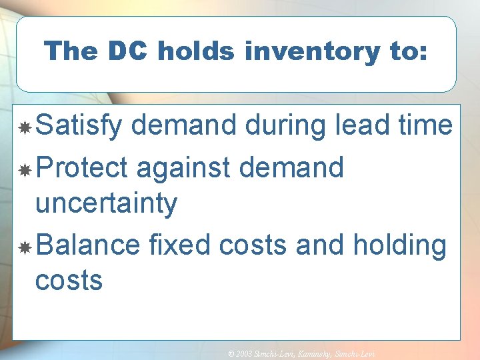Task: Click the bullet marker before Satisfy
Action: click(x=25, y=127)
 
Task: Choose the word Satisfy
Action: click(x=79, y=125)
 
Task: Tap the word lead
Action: click(x=368, y=125)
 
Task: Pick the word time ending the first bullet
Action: click(x=427, y=125)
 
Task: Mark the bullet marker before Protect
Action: click(x=25, y=170)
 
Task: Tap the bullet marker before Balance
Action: click(x=25, y=248)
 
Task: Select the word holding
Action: click(x=399, y=245)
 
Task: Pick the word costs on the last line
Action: click(x=69, y=281)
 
